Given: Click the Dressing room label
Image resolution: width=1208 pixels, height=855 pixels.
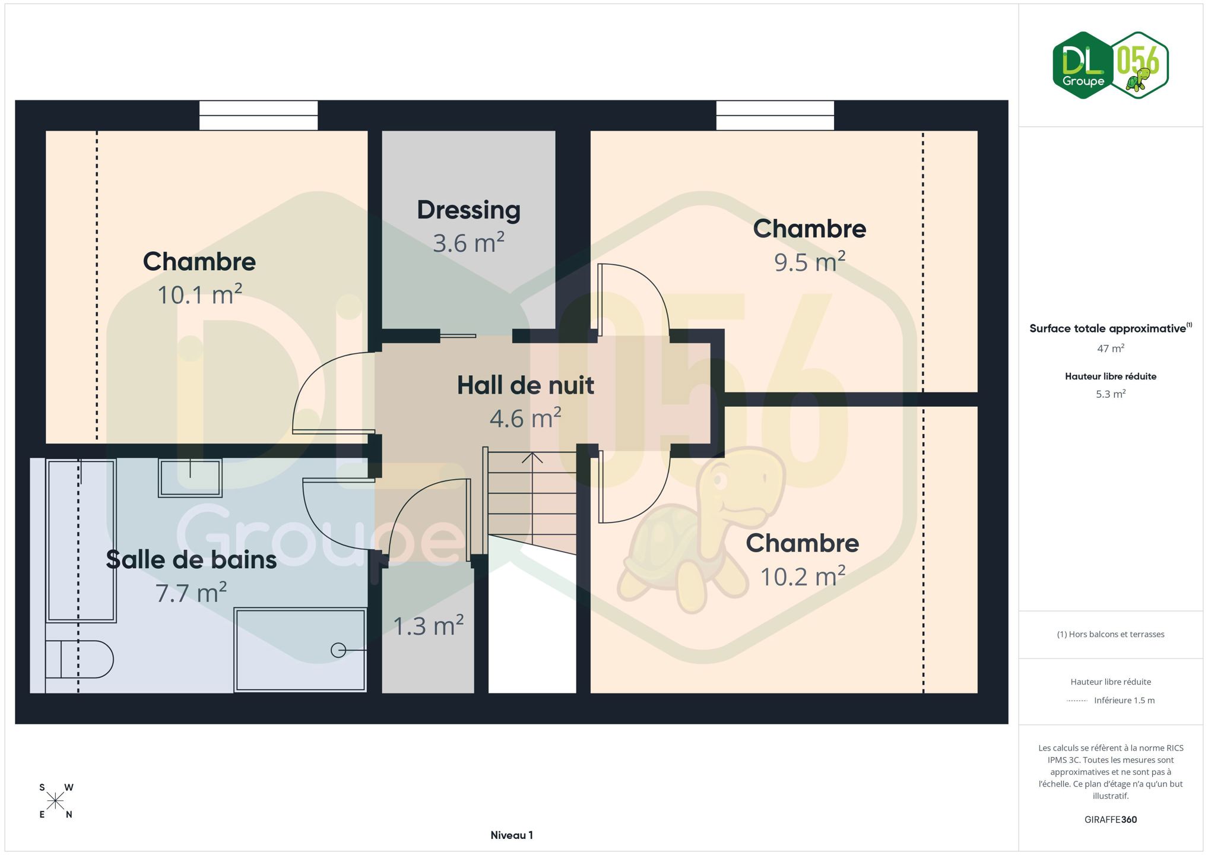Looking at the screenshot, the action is [x=468, y=210].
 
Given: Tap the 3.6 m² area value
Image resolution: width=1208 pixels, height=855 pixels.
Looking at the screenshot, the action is [x=468, y=243].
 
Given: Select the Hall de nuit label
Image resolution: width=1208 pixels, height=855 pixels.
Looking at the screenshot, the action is [x=525, y=385].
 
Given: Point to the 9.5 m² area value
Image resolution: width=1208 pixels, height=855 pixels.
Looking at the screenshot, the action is [x=810, y=262].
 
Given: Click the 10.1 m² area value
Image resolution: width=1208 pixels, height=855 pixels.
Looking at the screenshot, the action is [x=199, y=294].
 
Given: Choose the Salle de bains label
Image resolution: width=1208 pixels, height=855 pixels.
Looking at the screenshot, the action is [x=191, y=560].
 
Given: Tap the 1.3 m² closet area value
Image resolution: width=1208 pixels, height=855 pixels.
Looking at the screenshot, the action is [x=429, y=626].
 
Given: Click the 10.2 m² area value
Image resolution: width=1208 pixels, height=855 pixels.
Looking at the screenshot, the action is [x=803, y=577].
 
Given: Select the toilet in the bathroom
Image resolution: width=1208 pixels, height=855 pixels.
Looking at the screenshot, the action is [x=80, y=659].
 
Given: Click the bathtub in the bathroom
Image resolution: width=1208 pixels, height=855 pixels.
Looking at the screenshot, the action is [x=81, y=540].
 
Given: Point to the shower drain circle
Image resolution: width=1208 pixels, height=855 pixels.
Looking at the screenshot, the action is [x=338, y=651].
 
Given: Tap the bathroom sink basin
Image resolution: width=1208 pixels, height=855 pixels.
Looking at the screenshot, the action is [x=190, y=478].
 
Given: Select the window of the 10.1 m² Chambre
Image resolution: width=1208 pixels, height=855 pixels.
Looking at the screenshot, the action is [x=258, y=115].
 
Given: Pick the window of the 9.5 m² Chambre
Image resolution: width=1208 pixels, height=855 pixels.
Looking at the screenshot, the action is [x=775, y=115].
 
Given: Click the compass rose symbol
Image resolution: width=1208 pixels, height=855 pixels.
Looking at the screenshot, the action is [x=55, y=801].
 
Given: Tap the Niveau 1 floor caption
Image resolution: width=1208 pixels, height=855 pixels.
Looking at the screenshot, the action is [x=512, y=835].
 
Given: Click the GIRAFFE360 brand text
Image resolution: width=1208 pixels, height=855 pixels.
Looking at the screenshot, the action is [x=1111, y=820].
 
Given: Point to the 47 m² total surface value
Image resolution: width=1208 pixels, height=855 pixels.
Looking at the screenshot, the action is [x=1111, y=349].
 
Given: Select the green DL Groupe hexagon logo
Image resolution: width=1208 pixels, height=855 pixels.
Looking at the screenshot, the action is [x=1083, y=65].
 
